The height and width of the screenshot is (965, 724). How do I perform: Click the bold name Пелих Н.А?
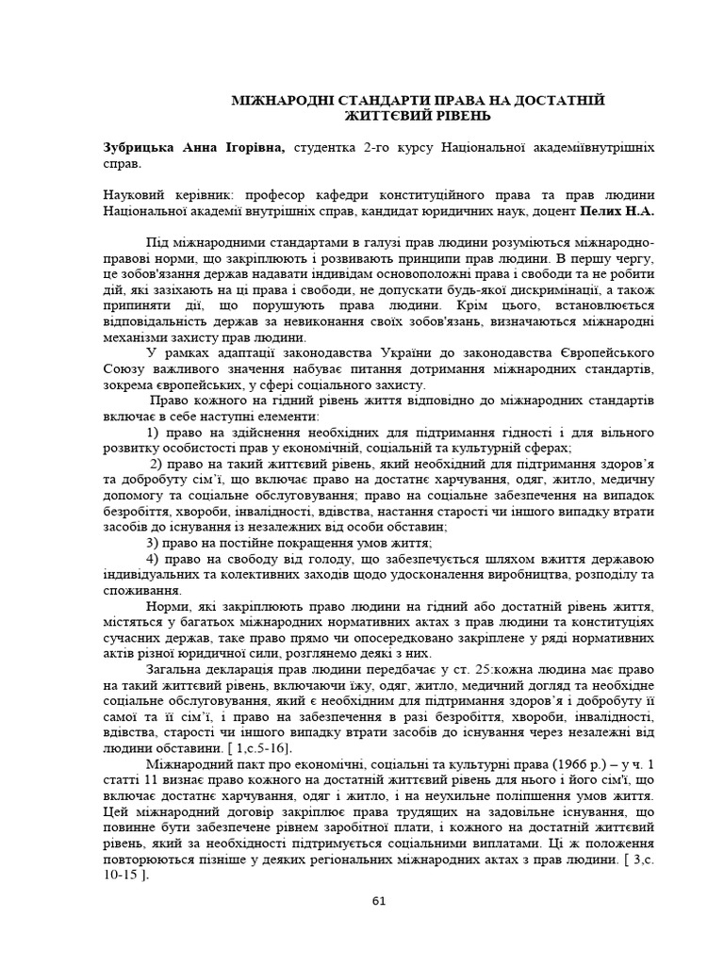617,211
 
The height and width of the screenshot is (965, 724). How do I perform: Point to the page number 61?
379,900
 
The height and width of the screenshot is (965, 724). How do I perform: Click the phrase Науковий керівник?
156,195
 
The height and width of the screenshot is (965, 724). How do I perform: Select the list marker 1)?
155,432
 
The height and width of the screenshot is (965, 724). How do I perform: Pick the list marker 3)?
155,544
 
